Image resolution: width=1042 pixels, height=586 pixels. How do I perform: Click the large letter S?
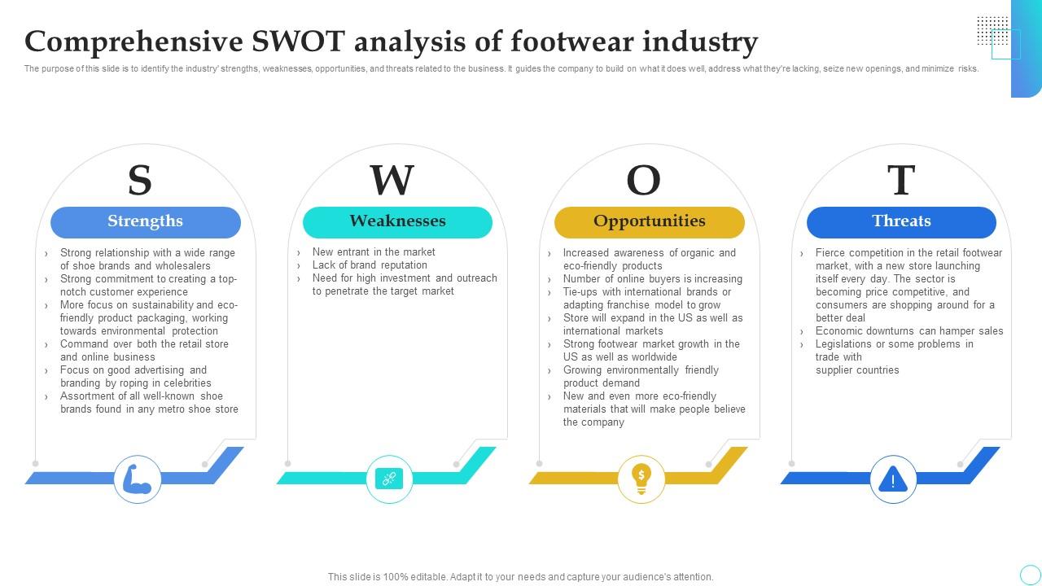click(x=140, y=181)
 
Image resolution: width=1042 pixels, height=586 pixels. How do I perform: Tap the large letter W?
click(x=392, y=181)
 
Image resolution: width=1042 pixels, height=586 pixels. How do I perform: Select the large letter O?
click(x=643, y=181)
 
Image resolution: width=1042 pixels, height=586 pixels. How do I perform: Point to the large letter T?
click(x=900, y=181)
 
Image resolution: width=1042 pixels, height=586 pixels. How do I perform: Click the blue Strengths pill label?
click(x=146, y=221)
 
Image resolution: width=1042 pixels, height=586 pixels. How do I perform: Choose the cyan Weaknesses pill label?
click(x=397, y=221)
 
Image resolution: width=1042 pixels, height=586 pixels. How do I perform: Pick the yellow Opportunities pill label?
click(x=649, y=221)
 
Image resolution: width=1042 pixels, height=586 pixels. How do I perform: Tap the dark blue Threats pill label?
click(x=901, y=221)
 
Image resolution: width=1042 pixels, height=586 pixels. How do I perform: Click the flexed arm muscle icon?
click(x=137, y=479)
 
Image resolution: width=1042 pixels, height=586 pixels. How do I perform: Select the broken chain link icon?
click(x=389, y=479)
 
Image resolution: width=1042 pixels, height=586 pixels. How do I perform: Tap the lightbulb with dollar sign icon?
click(x=641, y=479)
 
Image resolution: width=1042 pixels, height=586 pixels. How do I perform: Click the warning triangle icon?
click(x=893, y=479)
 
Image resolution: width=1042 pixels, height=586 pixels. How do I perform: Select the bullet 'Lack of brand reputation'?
click(x=370, y=265)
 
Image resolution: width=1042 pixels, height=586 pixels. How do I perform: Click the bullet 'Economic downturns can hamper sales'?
click(x=909, y=331)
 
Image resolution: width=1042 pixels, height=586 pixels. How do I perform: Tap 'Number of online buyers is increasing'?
click(x=652, y=279)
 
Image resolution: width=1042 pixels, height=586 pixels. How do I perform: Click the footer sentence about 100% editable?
click(x=521, y=577)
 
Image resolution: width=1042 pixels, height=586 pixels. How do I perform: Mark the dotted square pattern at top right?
click(x=992, y=30)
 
